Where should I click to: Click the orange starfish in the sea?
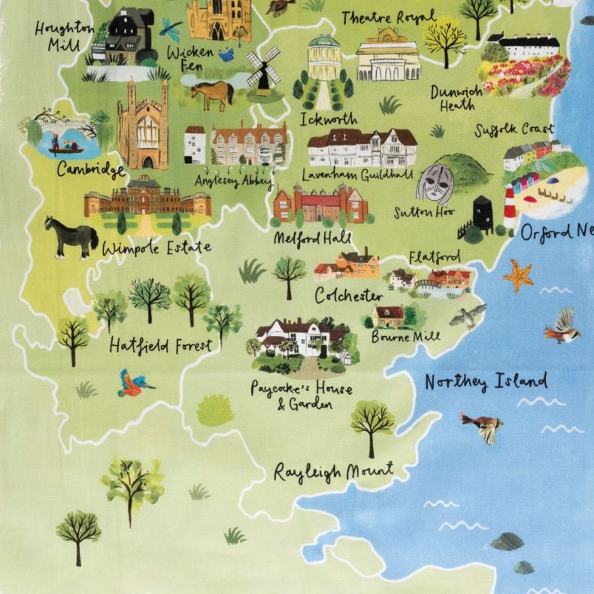click(x=518, y=276)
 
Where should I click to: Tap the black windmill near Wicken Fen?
click(x=262, y=68)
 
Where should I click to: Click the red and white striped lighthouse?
click(x=510, y=207)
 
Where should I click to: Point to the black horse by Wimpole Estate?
click(x=71, y=235)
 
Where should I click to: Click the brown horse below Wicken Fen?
click(x=212, y=94)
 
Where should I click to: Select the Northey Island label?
click(x=486, y=382)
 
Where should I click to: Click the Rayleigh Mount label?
click(x=333, y=472)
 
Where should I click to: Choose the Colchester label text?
click(x=348, y=295)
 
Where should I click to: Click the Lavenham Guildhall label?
click(x=357, y=174)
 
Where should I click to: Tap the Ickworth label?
click(x=329, y=119)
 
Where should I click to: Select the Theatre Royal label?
click(x=388, y=17)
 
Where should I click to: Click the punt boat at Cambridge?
click(x=64, y=147)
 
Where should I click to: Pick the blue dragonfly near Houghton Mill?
click(x=170, y=30)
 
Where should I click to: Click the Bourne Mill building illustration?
click(x=389, y=316)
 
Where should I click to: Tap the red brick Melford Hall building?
click(x=320, y=205)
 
